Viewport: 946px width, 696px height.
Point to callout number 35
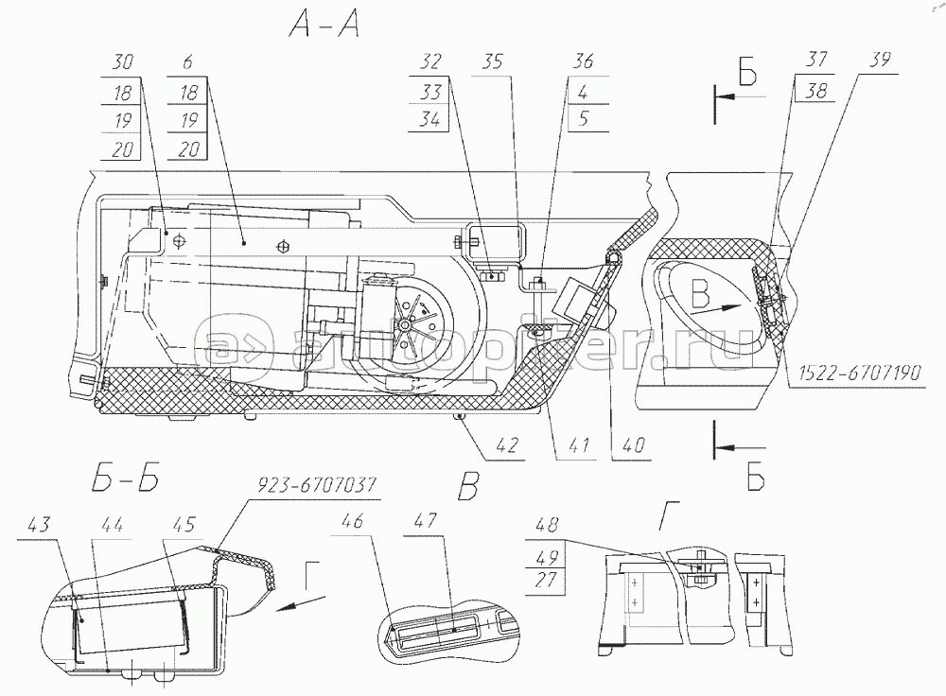coord(493,63)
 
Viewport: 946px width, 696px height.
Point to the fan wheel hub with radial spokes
coord(408,323)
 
